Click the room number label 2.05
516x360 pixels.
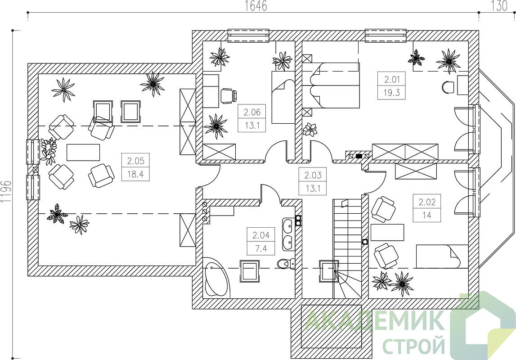tap(135, 161)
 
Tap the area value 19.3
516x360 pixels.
tap(391, 92)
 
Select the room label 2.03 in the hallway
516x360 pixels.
tap(313, 175)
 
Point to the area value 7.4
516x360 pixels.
tap(261, 248)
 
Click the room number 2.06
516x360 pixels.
tap(252, 112)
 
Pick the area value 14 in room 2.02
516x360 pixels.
tap(427, 215)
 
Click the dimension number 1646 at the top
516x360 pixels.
tap(256, 6)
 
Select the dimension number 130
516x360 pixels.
tap(499, 6)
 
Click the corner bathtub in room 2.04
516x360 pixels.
tap(216, 277)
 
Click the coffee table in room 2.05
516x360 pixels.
tap(83, 152)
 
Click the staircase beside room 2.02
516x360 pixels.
tap(348, 248)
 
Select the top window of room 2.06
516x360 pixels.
tap(249, 36)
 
